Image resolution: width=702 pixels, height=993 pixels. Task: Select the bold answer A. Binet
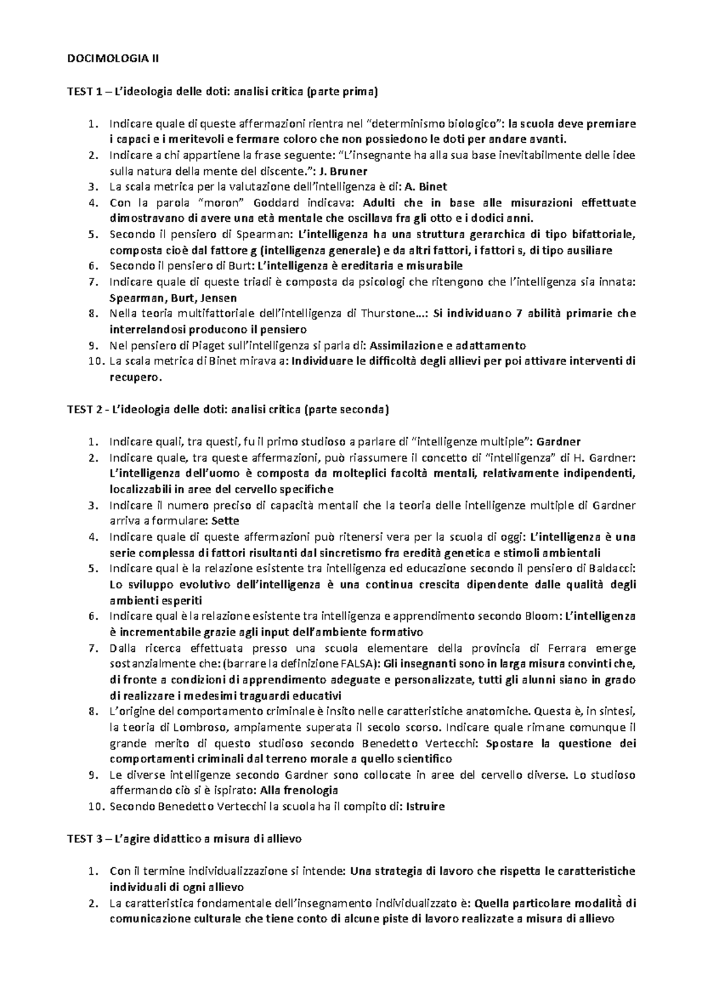[426, 187]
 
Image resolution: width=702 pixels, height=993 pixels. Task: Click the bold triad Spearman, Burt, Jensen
[173, 298]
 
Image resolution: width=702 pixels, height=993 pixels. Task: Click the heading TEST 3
[88, 839]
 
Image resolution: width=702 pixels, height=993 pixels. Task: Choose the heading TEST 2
[88, 410]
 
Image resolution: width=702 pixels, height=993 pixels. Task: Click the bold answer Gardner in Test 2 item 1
[559, 441]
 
